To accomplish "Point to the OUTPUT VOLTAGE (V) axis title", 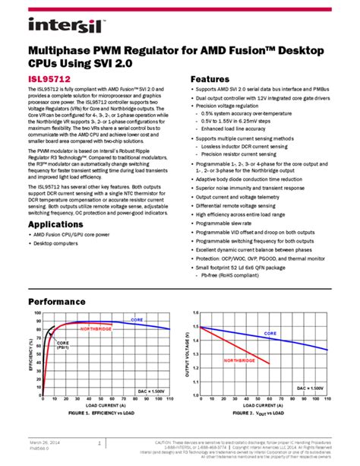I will point(187,359).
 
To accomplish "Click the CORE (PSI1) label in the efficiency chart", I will point(63,344).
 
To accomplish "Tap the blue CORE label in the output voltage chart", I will point(271,333).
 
